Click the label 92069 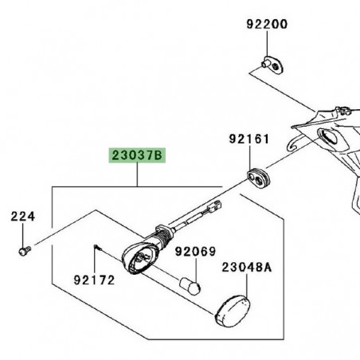196,252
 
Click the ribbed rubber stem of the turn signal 165,237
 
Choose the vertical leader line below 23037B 136,176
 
